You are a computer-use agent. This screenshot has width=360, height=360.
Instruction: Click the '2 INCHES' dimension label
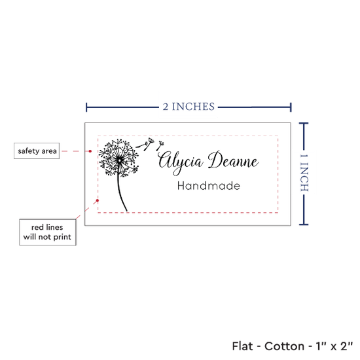[x=189, y=107]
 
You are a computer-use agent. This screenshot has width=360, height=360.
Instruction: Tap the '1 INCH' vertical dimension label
[x=304, y=173]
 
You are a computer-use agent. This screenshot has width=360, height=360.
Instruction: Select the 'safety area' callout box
[x=37, y=151]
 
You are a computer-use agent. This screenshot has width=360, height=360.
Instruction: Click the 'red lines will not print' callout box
[x=48, y=232]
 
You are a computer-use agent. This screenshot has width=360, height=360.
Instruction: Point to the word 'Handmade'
[x=208, y=186]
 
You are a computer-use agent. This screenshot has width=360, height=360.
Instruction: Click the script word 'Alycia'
[x=181, y=162]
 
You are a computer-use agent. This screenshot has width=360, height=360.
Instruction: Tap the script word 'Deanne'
[x=233, y=160]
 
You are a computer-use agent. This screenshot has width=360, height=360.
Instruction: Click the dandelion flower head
[x=118, y=158]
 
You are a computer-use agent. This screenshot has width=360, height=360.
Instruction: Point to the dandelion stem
[x=121, y=193]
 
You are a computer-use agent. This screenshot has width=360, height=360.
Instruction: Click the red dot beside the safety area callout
[x=90, y=151]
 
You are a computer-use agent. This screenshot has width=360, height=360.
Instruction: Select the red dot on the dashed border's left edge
[x=98, y=201]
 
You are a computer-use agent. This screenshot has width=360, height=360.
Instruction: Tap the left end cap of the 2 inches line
[x=86, y=107]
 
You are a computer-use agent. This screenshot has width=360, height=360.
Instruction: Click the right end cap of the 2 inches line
[x=291, y=107]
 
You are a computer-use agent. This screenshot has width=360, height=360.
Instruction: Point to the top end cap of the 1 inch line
[x=304, y=124]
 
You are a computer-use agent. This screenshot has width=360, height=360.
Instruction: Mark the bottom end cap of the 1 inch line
[x=304, y=225]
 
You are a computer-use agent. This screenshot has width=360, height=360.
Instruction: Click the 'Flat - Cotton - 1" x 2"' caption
[x=293, y=346]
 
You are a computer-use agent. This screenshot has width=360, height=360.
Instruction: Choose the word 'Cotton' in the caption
[x=285, y=346]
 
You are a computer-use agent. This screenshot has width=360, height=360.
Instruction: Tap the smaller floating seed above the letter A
[x=160, y=145]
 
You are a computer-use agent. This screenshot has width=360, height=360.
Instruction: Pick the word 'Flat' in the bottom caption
[x=242, y=346]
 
